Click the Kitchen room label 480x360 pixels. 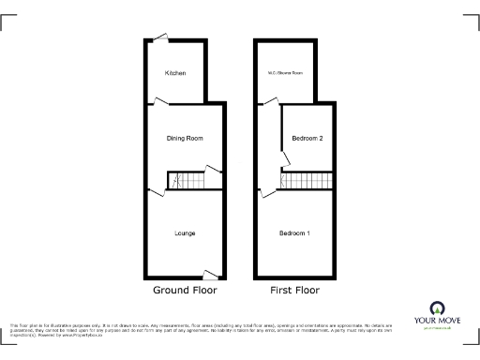tap(175, 73)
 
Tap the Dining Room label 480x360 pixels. tap(185, 139)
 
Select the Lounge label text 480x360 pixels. tap(184, 232)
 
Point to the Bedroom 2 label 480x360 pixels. tap(307, 139)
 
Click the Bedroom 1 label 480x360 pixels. tap(294, 232)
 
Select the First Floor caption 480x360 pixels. tap(294, 291)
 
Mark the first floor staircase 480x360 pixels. tap(307, 180)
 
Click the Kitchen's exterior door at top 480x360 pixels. tap(160, 39)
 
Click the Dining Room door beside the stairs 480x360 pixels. tap(214, 170)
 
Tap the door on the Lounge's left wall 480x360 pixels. tap(151, 194)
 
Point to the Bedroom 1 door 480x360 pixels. tap(264, 194)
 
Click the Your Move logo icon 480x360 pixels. tap(435, 307)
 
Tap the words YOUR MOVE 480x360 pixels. tap(435, 321)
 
